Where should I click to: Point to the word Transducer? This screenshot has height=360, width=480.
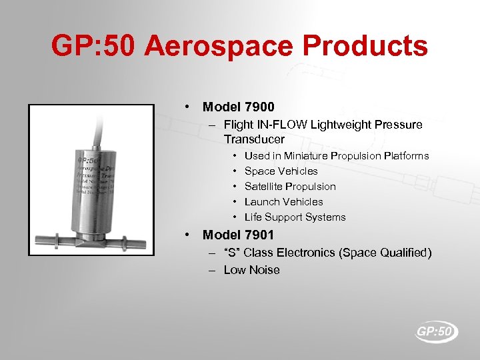254,139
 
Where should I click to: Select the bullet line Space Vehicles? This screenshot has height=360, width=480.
281,171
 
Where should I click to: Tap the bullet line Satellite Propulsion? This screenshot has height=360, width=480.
290,186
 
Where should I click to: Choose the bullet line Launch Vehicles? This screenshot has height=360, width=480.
283,201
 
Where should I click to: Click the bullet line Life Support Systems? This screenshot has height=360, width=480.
295,217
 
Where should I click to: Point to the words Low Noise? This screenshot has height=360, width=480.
251,270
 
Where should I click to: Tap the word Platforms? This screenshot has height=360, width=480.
407,155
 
